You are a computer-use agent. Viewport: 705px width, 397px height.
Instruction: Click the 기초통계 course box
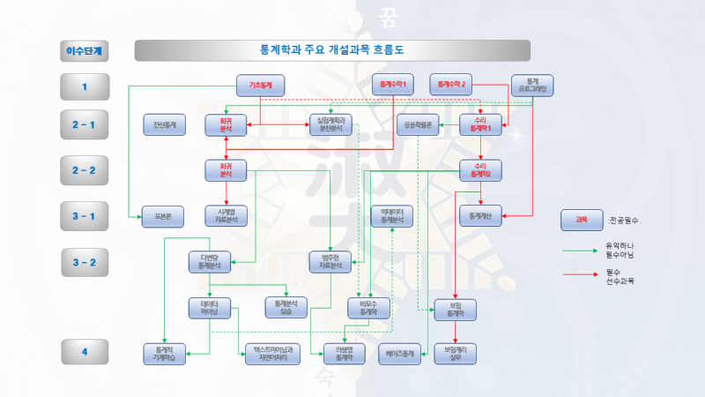pyautogui.click(x=260, y=86)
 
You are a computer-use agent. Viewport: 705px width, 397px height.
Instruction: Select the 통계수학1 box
pyautogui.click(x=393, y=86)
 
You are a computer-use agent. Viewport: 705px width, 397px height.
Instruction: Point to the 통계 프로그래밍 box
pyautogui.click(x=532, y=86)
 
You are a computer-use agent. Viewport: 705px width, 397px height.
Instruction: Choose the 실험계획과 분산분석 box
pyautogui.click(x=330, y=125)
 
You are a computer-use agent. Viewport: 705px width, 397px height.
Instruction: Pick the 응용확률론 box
pyautogui.click(x=417, y=125)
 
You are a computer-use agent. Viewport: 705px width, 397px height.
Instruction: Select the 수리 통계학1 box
pyautogui.click(x=480, y=125)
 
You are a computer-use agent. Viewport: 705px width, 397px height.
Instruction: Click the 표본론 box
pyautogui.click(x=162, y=215)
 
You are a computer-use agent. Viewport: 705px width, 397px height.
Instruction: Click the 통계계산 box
pyautogui.click(x=480, y=215)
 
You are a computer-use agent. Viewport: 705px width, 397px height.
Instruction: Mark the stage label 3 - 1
pyautogui.click(x=85, y=215)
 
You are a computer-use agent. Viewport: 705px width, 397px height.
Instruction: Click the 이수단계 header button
pyautogui.click(x=85, y=50)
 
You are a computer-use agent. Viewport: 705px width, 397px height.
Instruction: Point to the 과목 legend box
pyautogui.click(x=581, y=220)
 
